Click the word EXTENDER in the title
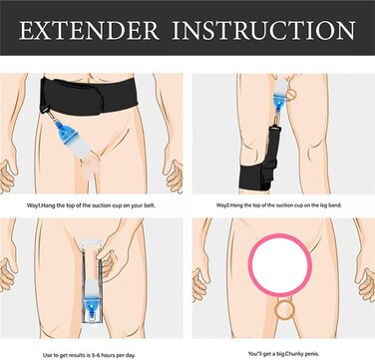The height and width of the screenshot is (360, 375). (90, 30)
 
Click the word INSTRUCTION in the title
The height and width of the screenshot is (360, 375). (263, 30)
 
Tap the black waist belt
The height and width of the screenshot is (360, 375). (89, 96)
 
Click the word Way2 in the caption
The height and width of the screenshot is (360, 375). (223, 205)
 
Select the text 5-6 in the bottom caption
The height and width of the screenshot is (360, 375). (96, 355)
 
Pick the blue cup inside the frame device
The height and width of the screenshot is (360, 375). (92, 301)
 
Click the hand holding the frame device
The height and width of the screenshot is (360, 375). (110, 261)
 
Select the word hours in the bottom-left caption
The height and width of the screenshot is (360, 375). (110, 355)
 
